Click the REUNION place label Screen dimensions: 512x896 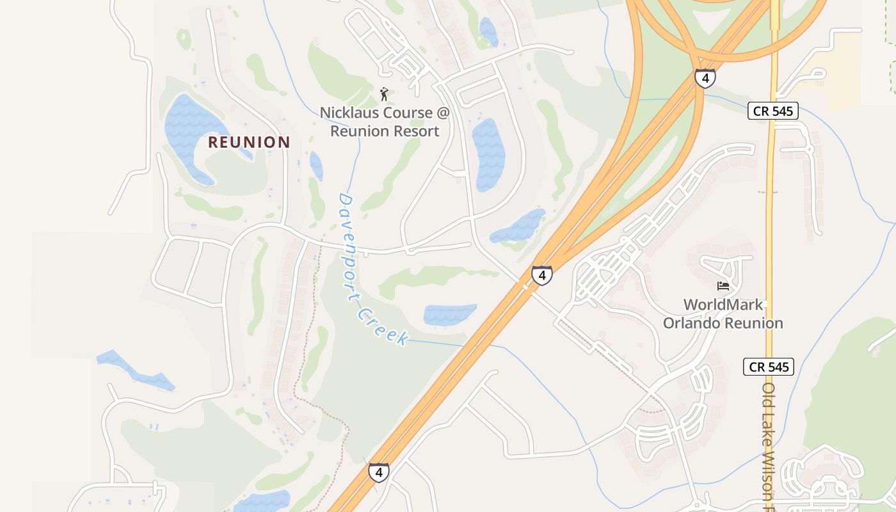pos(249,143)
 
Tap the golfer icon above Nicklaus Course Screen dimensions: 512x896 pos(384,95)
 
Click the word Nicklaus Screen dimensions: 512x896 pos(349,113)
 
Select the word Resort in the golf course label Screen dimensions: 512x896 pos(413,132)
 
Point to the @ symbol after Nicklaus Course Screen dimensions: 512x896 pos(443,113)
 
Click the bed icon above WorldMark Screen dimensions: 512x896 pos(723,285)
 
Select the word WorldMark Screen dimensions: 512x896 pos(723,305)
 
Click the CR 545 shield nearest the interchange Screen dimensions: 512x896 pos(773,111)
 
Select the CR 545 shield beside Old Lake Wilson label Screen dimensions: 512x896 pos(769,367)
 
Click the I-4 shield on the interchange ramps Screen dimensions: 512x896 pos(705,78)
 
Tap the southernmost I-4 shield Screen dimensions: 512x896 pos(379,473)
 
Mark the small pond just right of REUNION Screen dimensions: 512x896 pos(316,165)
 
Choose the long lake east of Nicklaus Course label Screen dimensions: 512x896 pos(488,154)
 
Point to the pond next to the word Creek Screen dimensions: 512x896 pos(449,314)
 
